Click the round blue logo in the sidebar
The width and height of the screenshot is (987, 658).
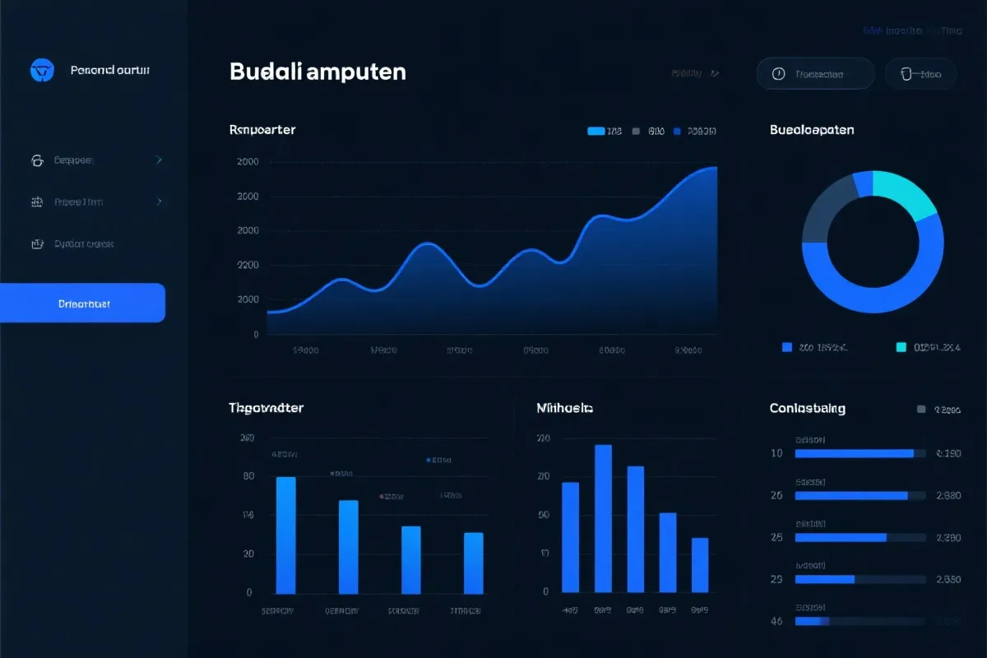click(x=41, y=71)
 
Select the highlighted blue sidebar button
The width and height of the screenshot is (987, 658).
click(x=82, y=303)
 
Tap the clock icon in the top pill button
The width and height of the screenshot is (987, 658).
click(x=778, y=74)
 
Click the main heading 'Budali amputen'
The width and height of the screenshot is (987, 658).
click(x=317, y=72)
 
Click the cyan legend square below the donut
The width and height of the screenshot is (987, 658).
click(x=901, y=347)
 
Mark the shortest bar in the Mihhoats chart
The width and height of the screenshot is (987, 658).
click(x=699, y=565)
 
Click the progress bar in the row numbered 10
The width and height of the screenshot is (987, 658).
click(x=855, y=453)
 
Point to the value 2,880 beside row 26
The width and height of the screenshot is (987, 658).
click(x=948, y=496)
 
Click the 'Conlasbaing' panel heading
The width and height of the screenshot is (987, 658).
click(x=807, y=408)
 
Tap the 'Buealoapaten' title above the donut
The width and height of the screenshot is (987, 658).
click(x=812, y=130)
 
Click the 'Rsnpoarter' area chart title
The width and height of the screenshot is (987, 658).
click(x=262, y=130)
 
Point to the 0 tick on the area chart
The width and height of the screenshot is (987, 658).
click(x=256, y=335)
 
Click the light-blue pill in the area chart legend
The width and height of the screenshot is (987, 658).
click(x=596, y=131)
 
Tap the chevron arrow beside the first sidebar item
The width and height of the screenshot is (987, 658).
click(x=159, y=160)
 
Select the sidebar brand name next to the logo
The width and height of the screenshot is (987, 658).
click(x=110, y=71)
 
